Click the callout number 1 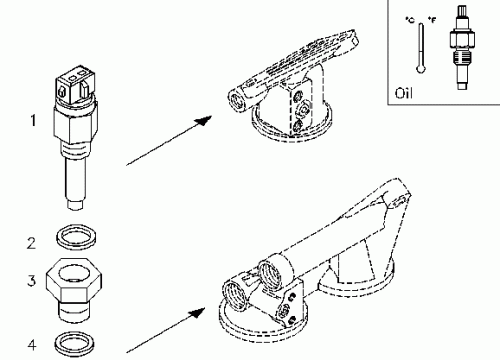click(33, 121)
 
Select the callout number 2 click(31, 243)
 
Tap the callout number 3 click(31, 280)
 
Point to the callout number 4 click(32, 345)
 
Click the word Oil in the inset click(403, 93)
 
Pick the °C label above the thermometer click(410, 20)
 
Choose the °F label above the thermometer click(432, 20)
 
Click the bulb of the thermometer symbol click(421, 69)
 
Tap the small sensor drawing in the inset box click(462, 47)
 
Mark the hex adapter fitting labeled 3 click(74, 290)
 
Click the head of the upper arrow click(203, 120)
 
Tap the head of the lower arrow click(197, 313)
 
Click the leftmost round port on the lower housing click(235, 295)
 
